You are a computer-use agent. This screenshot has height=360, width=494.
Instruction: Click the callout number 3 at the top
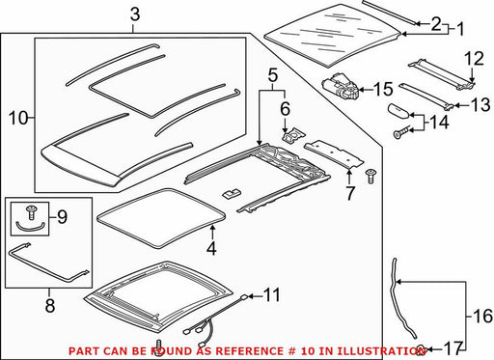click(x=135, y=15)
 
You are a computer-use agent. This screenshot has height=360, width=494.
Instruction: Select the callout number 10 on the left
click(x=18, y=118)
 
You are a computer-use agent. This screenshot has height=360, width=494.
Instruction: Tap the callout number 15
click(x=383, y=89)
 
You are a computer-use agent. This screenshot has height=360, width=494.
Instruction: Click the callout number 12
click(x=474, y=59)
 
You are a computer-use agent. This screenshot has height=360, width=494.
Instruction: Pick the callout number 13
click(x=480, y=105)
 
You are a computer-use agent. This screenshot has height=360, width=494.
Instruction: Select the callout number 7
click(x=349, y=193)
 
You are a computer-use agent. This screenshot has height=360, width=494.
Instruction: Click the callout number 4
click(x=211, y=248)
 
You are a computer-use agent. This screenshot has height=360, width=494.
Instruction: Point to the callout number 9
click(x=62, y=217)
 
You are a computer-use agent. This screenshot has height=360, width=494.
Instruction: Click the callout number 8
click(x=50, y=305)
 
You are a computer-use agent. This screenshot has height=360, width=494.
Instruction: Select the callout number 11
click(x=272, y=294)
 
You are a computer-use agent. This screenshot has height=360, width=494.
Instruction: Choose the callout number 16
click(x=482, y=316)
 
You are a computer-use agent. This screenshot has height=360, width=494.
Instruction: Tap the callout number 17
click(x=453, y=348)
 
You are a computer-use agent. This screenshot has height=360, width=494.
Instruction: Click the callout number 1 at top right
click(x=460, y=29)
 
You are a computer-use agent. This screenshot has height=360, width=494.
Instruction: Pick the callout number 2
click(x=436, y=23)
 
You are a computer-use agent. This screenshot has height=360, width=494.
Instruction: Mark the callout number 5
click(x=272, y=76)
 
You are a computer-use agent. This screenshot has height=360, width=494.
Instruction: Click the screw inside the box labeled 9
click(x=31, y=212)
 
